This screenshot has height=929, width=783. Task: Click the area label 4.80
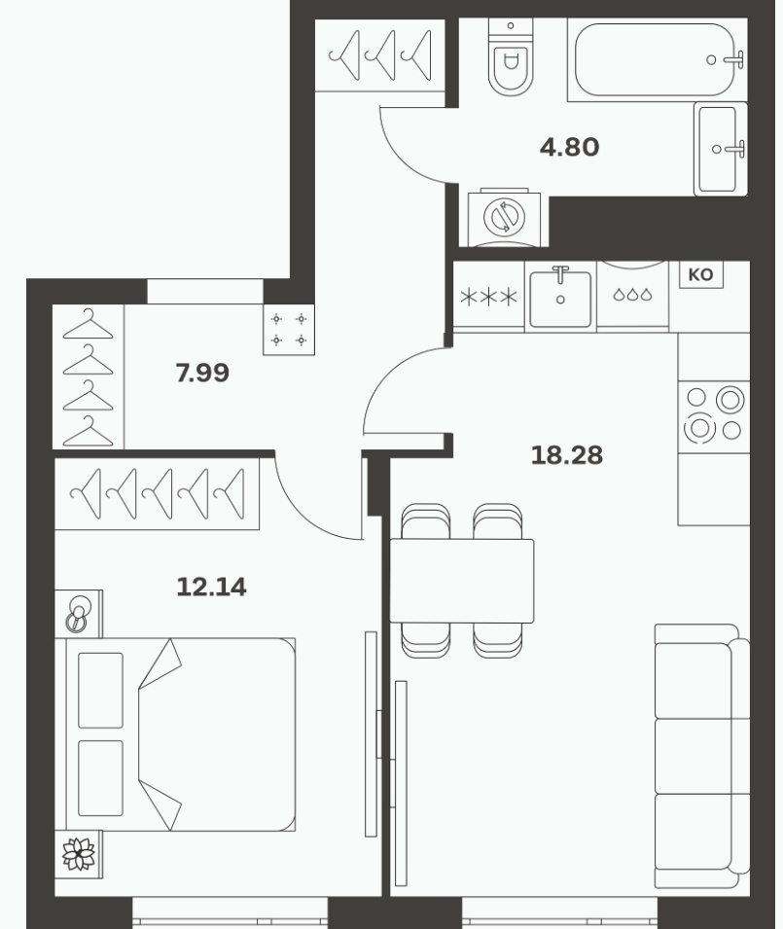coord(569,147)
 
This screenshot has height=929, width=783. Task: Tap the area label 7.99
coord(202,374)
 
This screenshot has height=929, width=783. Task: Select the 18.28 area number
coord(567,455)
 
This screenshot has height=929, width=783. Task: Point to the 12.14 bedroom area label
coord(211,588)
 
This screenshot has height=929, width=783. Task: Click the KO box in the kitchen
coord(700,275)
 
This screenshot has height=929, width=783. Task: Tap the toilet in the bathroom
coord(511,56)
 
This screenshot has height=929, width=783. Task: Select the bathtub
coord(657,60)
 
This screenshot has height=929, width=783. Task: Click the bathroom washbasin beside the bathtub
coord(720,149)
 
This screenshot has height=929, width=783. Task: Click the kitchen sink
coord(560,297)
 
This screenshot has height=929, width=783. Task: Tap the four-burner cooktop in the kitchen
coord(714,417)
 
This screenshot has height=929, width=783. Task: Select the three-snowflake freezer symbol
coord(488,297)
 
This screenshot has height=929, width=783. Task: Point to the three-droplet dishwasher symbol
coord(632,295)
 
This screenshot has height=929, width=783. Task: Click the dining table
coord(461,581)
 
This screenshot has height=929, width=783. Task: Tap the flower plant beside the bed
coord(79,854)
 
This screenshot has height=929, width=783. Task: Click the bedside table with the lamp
coord(79,614)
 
